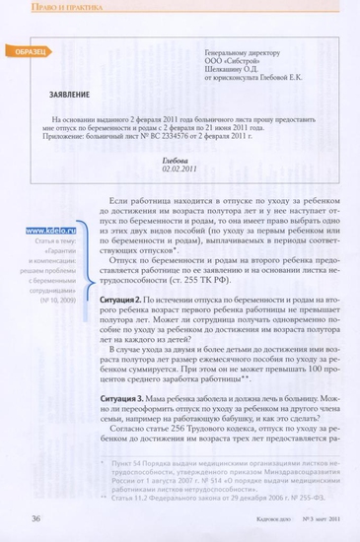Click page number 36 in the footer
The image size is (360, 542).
[36, 517]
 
